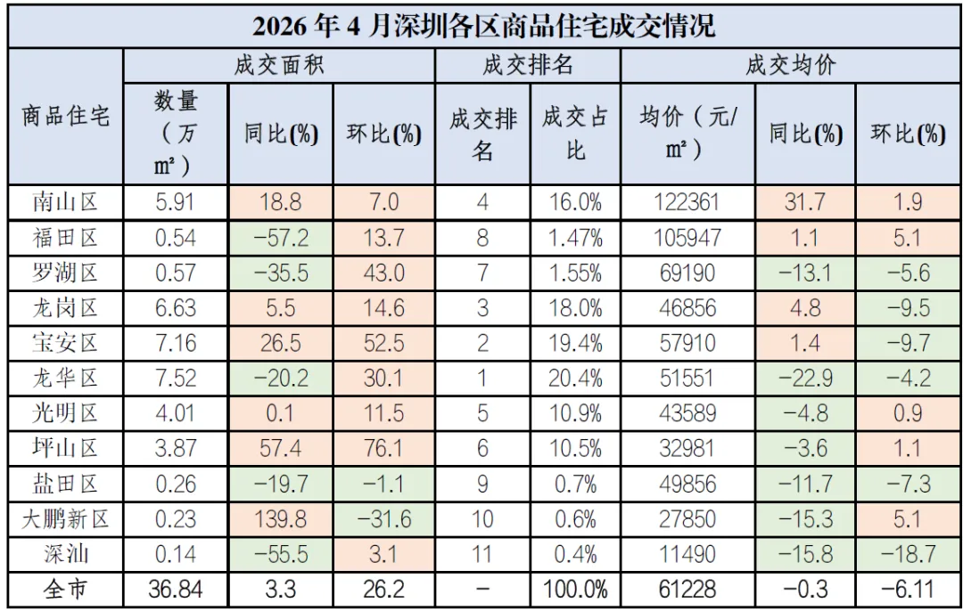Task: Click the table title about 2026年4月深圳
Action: [x=483, y=27]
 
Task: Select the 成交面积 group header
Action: [x=279, y=65]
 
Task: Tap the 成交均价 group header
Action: [x=791, y=65]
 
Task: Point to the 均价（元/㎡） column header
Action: [x=687, y=133]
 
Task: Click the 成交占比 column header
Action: [x=575, y=133]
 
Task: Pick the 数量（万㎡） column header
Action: [x=176, y=133]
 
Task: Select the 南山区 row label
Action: [x=65, y=202]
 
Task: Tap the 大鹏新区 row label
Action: [x=65, y=519]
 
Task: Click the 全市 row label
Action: [x=65, y=590]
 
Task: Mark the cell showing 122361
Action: [x=687, y=202]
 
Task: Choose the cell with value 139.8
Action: [x=281, y=519]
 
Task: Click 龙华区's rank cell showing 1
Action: [x=482, y=378]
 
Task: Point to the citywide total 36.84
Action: [x=176, y=590]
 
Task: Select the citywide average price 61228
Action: [x=687, y=590]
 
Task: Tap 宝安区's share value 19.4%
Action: [x=575, y=343]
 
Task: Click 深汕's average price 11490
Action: [x=687, y=555]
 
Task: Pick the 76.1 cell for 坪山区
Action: [x=383, y=448]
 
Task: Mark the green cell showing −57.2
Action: [x=281, y=238]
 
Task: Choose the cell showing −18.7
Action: [x=909, y=555]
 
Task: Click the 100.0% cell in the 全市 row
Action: [x=575, y=590]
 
